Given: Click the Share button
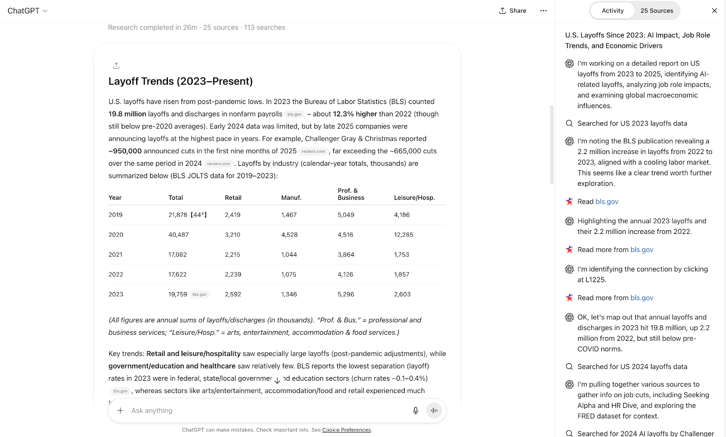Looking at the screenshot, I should (513, 10).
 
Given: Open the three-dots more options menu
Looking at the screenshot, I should (543, 10).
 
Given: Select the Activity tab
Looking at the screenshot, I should (613, 10).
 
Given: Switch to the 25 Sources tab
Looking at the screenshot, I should (657, 10).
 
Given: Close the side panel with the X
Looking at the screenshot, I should (714, 10).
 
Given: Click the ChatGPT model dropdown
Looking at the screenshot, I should (27, 10).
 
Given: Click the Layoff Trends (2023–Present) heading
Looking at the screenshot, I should (181, 81).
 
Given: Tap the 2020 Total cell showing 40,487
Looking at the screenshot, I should (178, 235).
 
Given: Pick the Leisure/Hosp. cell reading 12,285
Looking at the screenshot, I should (403, 235).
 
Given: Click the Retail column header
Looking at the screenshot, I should (233, 198).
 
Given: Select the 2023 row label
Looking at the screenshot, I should (116, 294).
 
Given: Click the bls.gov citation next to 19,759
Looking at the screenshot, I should (199, 294).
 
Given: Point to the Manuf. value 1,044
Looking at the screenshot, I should (289, 255).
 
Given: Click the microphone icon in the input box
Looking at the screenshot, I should (415, 411).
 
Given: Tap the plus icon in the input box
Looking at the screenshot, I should (120, 411).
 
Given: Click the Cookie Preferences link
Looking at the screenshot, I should (346, 430).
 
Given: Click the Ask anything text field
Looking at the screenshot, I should (263, 411).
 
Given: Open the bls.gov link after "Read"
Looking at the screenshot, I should (607, 202).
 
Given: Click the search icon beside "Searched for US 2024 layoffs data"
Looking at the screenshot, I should (569, 367).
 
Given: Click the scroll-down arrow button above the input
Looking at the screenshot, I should (277, 381).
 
